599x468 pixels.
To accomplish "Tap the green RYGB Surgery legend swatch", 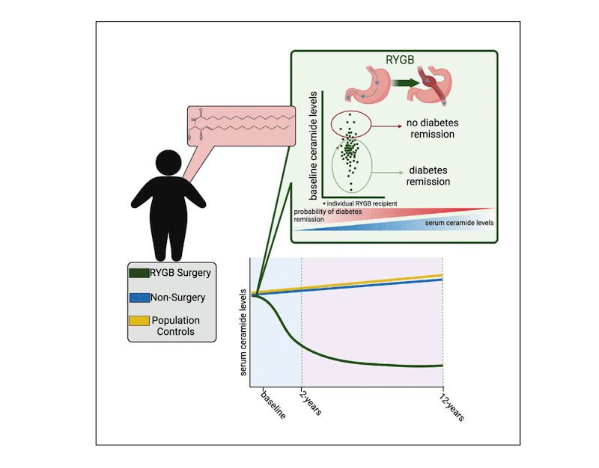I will pyautogui.click(x=140, y=272).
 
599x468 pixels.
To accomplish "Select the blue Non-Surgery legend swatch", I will pyautogui.click(x=140, y=297).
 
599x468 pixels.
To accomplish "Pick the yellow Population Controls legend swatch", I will pyautogui.click(x=140, y=321).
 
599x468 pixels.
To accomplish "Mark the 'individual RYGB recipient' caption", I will pyautogui.click(x=357, y=203).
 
